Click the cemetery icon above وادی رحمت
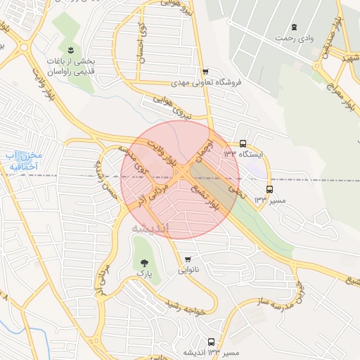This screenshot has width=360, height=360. pos(304,27)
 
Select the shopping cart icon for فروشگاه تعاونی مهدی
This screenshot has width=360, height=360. pos(205,72)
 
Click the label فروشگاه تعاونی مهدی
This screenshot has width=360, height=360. pos(207,82)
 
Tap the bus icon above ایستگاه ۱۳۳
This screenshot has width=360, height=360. pos(243,142)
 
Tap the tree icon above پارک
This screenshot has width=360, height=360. pos(143,261)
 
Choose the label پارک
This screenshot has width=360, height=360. pos(143,271)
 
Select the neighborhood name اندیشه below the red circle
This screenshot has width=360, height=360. pos(151,229)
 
